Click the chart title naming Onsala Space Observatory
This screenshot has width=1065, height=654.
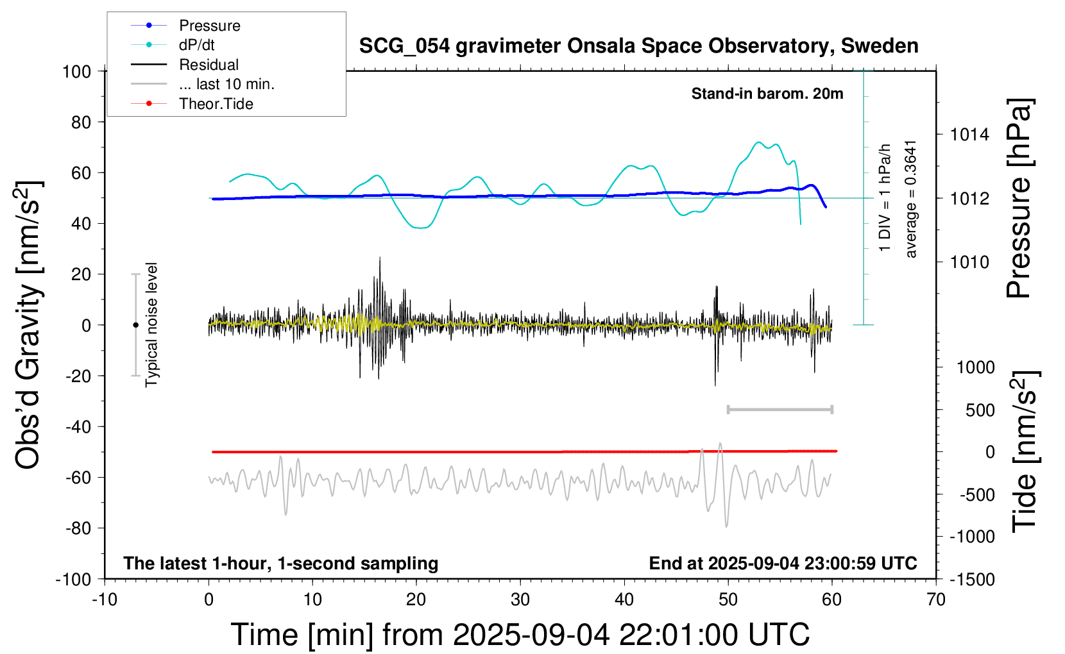point(638,46)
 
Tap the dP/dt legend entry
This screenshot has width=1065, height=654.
point(196,45)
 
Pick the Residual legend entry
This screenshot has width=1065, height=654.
point(209,65)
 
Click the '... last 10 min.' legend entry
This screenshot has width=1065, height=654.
point(226,84)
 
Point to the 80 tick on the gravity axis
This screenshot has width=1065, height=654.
point(81,122)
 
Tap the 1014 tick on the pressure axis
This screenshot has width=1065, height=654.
point(969,135)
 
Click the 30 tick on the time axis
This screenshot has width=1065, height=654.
point(520,600)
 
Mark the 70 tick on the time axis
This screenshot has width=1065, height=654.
point(936,600)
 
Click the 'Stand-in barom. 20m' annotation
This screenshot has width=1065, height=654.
point(767,94)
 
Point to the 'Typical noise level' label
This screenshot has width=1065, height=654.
point(151,324)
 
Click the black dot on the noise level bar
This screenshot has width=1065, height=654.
point(135,325)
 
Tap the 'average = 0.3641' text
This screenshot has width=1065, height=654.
point(911,199)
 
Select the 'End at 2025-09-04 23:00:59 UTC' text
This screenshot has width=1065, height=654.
point(783,563)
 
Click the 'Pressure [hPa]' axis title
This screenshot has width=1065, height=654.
point(1019,198)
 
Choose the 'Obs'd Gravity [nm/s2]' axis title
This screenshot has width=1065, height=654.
point(29,324)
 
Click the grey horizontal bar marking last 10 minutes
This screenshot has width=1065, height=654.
point(780,409)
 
